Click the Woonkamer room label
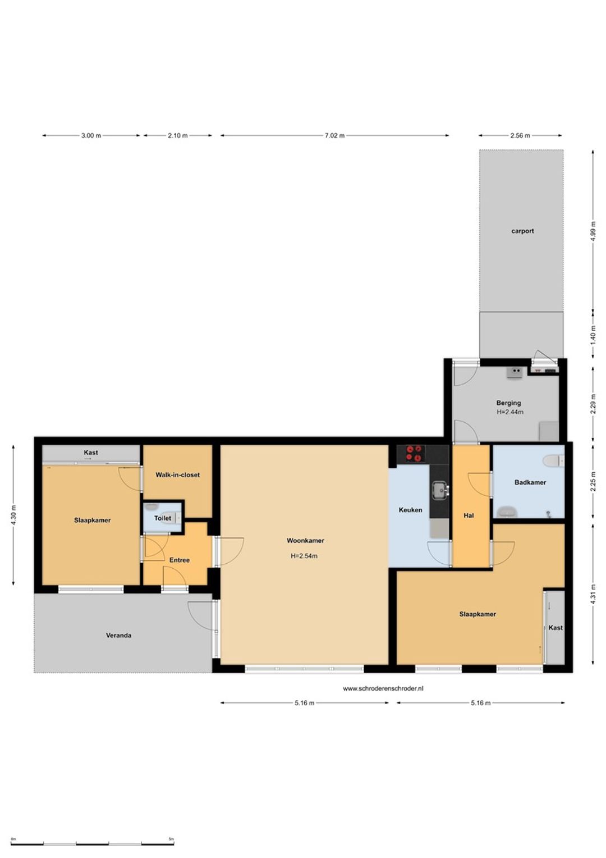click(x=305, y=541)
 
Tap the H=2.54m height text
click(x=304, y=556)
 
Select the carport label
click(x=522, y=231)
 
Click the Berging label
click(x=508, y=403)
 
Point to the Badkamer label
click(x=530, y=482)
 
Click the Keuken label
click(x=410, y=510)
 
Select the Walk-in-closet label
click(x=178, y=474)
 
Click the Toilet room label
click(x=163, y=518)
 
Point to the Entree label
click(x=179, y=560)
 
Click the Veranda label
click(x=118, y=635)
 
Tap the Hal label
click(x=469, y=515)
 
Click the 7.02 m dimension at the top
click(x=334, y=135)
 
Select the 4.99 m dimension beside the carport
click(x=593, y=231)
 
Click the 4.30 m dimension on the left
click(x=13, y=515)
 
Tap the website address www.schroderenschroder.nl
click(x=383, y=688)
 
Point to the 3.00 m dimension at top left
click(x=91, y=135)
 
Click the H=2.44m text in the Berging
click(x=510, y=412)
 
